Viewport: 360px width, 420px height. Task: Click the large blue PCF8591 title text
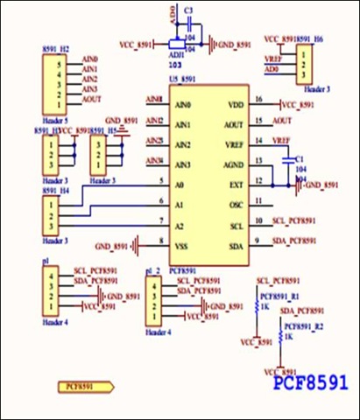pos(311,382)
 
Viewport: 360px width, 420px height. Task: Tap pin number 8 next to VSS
pos(160,241)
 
